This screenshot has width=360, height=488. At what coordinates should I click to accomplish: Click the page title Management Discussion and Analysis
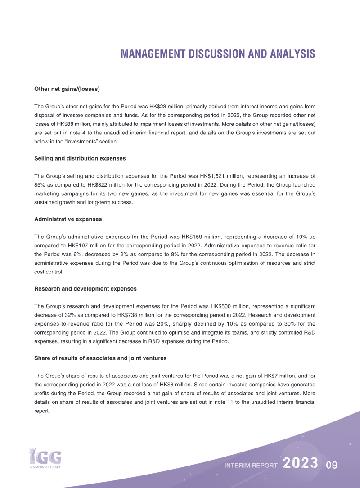pos(218,54)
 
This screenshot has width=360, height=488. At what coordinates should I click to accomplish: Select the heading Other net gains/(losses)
pos(67,89)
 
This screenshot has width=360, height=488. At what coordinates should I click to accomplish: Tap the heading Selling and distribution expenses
pos(80,158)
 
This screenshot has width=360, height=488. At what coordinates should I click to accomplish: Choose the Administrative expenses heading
pos(68,219)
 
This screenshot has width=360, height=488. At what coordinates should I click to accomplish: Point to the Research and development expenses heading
pos(85,288)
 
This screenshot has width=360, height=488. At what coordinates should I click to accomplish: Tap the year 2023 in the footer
pos(301,464)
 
